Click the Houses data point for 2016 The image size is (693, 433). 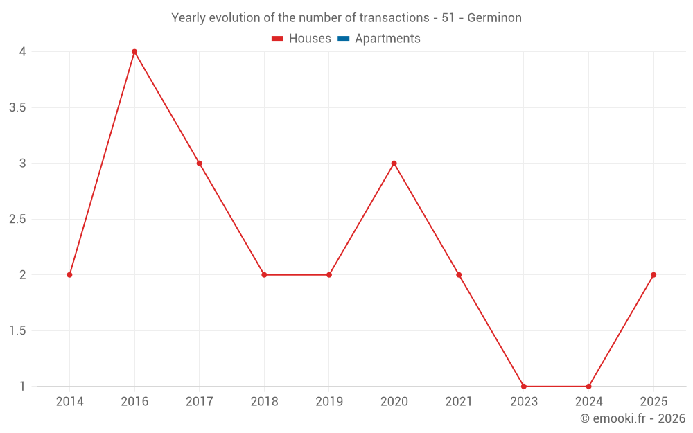pos(134,52)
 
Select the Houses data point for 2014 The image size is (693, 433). pos(69,275)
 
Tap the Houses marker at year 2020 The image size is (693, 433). pos(394,164)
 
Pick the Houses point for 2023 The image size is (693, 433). pos(524,387)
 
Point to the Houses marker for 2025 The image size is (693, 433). pos(653,275)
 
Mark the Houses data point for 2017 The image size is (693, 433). pos(199,164)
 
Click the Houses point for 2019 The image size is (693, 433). pos(329,275)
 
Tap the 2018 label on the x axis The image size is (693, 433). pos(264,401)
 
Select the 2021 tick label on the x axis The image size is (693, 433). pos(459,401)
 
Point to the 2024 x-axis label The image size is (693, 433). pos(588,401)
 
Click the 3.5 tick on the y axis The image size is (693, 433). pos(18,107)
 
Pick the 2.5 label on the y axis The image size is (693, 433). pos(18,219)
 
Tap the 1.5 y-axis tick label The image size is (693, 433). pos(18,330)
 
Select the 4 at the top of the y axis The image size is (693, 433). pos(23,52)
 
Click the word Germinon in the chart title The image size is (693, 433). pos(494,18)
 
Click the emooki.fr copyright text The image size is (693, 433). pos(633,418)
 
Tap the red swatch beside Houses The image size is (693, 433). pos(278,39)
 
